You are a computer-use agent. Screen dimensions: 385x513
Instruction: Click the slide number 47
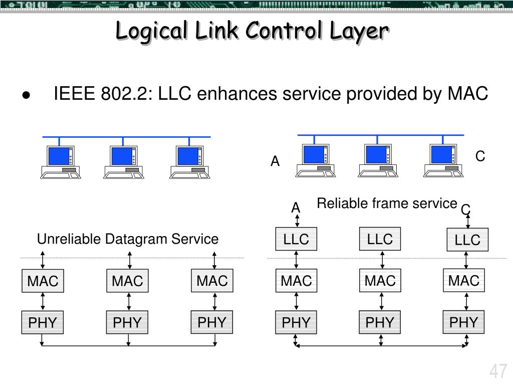498,372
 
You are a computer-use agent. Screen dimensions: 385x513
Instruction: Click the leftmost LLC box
296,239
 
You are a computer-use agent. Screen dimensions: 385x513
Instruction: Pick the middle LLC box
380,239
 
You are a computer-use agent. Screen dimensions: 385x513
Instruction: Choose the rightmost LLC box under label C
467,240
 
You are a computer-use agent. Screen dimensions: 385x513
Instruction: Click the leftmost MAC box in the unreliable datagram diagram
43,281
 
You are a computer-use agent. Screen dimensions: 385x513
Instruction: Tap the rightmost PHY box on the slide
464,322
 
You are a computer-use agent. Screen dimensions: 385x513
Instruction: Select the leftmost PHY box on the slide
43,322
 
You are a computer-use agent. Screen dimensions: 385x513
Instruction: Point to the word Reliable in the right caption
339,204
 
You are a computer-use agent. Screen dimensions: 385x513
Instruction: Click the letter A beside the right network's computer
275,161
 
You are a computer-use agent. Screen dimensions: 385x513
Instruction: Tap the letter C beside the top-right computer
480,156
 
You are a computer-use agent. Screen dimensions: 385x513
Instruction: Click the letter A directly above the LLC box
296,207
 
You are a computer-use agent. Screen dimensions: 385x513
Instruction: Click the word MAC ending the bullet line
468,93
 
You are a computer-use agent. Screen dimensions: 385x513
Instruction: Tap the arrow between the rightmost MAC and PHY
467,301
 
